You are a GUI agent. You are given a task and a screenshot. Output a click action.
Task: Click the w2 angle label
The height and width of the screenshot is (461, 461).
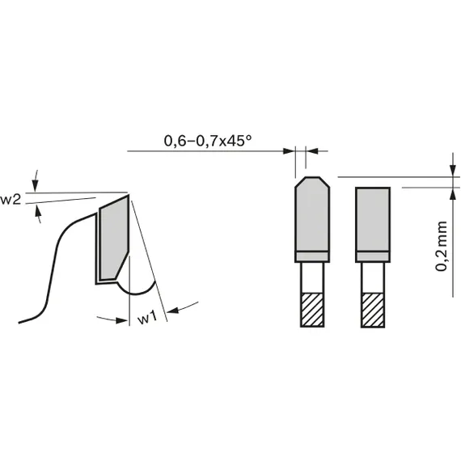click(x=11, y=200)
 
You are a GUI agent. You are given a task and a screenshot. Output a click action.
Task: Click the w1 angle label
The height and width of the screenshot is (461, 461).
click(x=146, y=319)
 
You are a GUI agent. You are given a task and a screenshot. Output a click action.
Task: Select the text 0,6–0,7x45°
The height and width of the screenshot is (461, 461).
click(x=208, y=141)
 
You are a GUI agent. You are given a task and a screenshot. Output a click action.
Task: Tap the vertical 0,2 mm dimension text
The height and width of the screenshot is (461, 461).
click(x=442, y=244)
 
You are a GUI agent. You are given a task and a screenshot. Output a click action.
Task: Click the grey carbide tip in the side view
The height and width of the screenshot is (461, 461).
click(x=113, y=239)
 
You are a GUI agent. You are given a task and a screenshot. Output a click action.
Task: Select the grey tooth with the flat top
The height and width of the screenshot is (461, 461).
click(x=373, y=218)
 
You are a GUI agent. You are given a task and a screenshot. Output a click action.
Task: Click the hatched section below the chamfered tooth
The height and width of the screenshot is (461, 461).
click(x=311, y=309)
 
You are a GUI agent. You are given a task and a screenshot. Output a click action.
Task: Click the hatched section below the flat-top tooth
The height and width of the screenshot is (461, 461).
click(x=373, y=309)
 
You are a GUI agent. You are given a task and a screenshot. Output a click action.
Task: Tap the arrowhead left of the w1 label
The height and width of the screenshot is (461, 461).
click(x=123, y=319)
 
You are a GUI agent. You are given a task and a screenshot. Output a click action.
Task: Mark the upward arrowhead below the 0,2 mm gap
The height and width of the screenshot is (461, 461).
click(x=450, y=192)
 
